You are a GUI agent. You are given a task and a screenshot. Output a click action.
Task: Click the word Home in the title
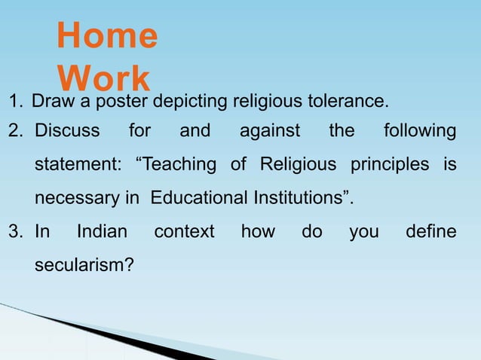coord(107,36)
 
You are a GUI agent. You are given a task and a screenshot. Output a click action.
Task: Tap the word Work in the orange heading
coord(103,79)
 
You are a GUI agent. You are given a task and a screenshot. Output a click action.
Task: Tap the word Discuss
coord(68,131)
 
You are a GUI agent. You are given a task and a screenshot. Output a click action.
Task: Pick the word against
coord(269,131)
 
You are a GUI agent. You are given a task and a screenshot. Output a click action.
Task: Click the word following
coord(419,131)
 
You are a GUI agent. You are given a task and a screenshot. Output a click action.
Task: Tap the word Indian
coord(102,231)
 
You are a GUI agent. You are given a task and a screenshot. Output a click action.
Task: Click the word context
coord(184,231)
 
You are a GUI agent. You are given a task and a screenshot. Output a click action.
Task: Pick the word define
coord(430,231)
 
